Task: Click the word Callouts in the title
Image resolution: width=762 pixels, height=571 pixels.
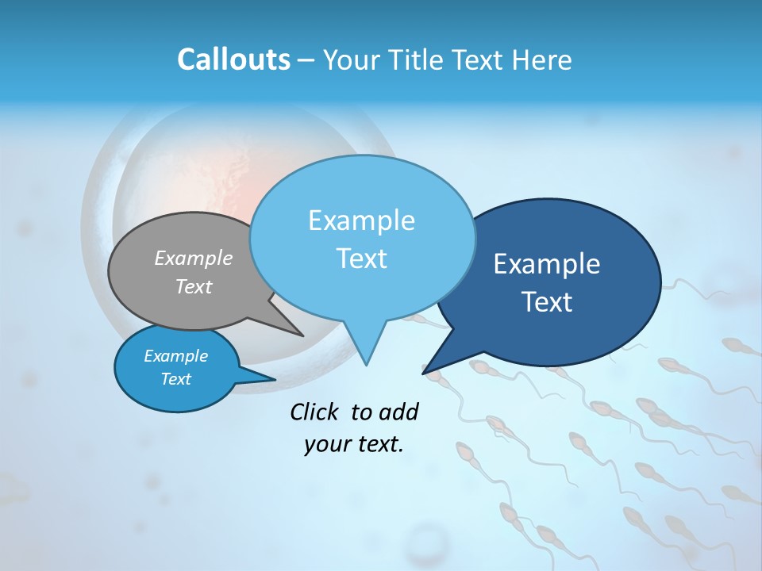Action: tap(233, 59)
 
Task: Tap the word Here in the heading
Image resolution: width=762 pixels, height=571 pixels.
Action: tap(542, 59)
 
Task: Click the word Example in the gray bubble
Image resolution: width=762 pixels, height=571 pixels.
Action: tap(194, 258)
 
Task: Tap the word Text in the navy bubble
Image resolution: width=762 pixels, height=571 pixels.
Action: tap(548, 302)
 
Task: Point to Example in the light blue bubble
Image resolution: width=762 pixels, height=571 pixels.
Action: tap(362, 220)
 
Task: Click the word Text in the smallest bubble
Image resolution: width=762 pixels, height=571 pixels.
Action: tap(175, 379)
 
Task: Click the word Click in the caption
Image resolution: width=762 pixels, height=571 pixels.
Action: tap(314, 412)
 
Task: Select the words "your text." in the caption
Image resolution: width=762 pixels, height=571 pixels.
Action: tap(354, 445)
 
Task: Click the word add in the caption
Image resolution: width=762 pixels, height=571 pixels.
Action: tap(398, 412)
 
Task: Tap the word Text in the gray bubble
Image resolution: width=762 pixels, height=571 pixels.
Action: tap(194, 286)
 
